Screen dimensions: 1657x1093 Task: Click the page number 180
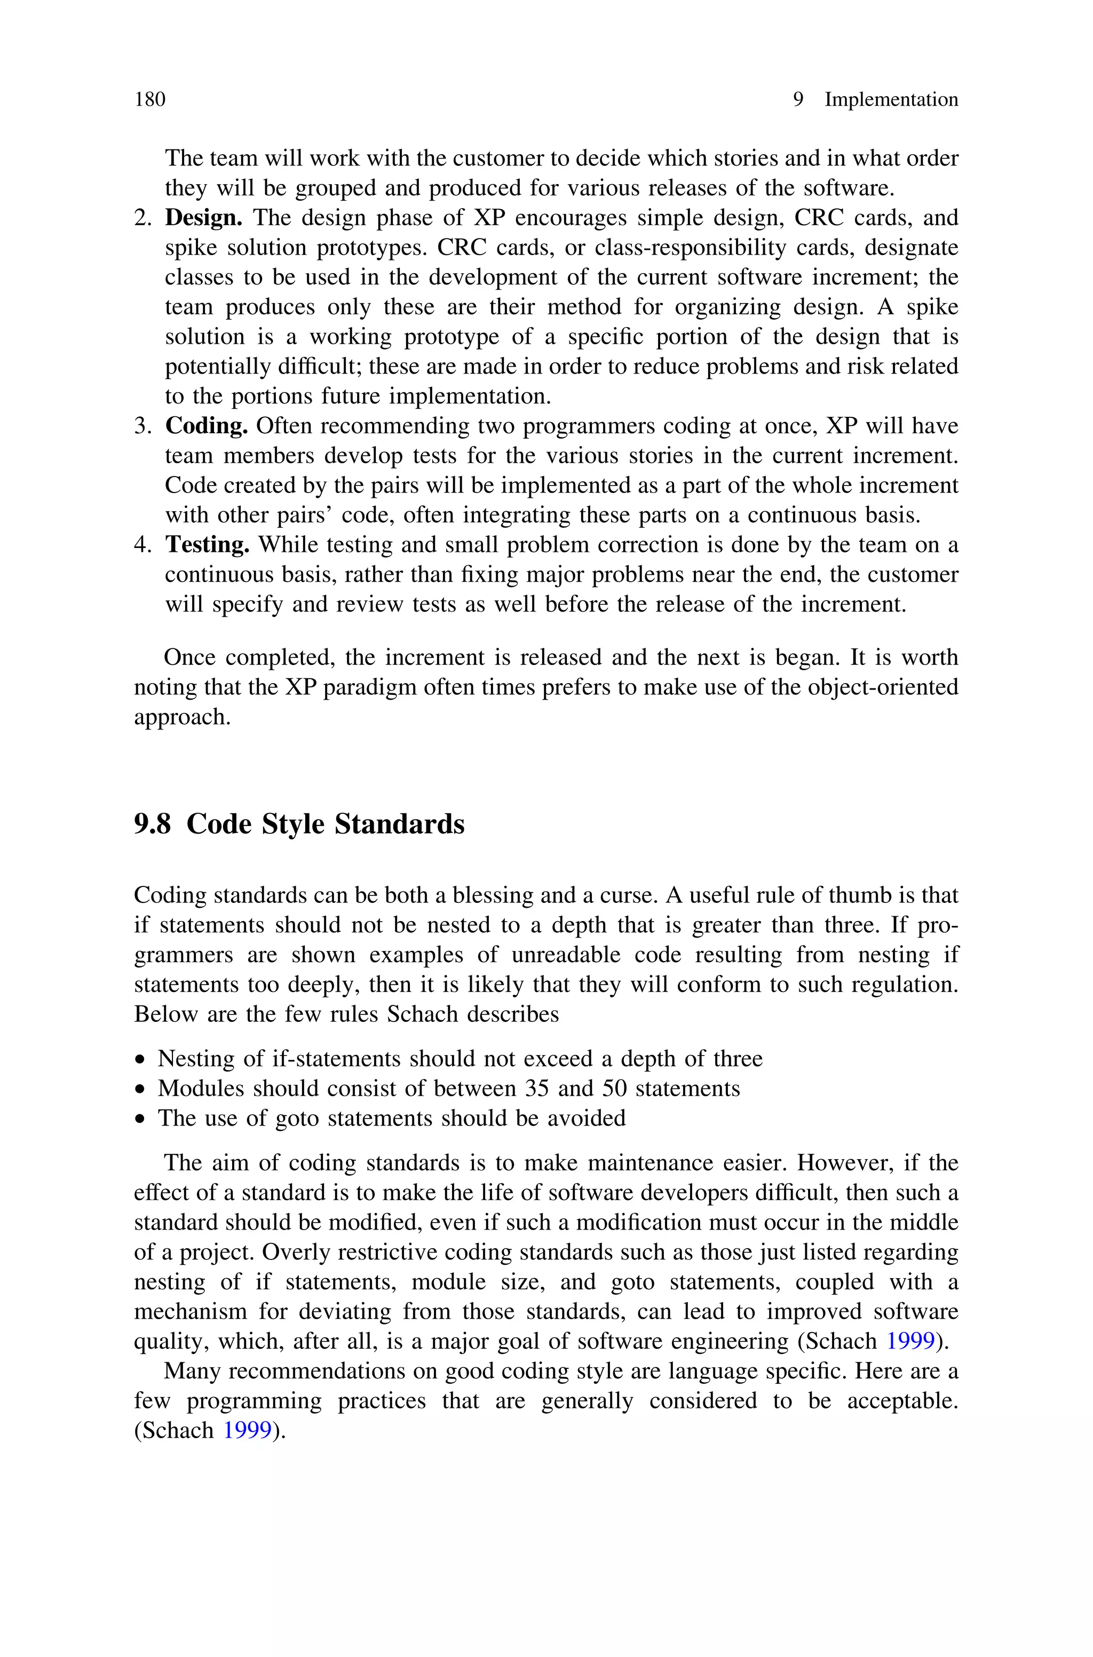(x=150, y=100)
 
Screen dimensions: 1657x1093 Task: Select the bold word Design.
(x=203, y=218)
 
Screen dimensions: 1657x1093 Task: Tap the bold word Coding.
(x=207, y=426)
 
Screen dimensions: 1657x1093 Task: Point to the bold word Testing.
(x=207, y=545)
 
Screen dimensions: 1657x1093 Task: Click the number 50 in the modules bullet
(x=614, y=1089)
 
